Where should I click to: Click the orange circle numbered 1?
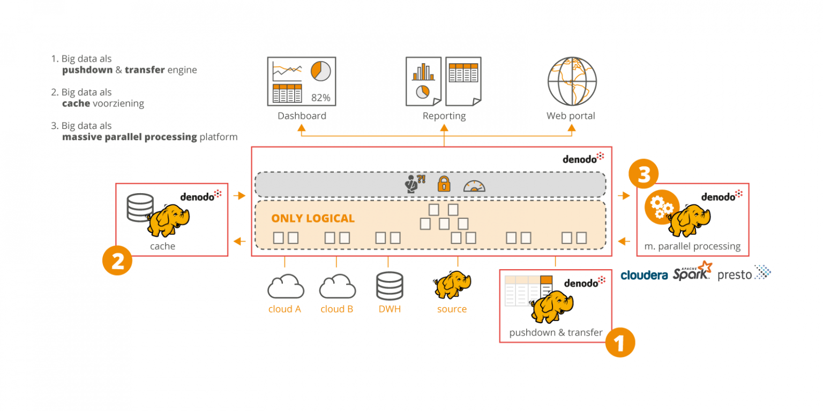[620, 342]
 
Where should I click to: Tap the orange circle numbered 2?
[117, 261]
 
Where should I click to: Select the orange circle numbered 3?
[644, 174]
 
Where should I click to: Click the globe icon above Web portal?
[571, 81]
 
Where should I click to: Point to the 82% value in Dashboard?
[320, 97]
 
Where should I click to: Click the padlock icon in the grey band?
[444, 184]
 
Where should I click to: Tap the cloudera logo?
[644, 275]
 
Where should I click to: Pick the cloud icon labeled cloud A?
[286, 287]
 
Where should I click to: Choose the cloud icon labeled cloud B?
[337, 287]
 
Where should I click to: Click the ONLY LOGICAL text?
[313, 218]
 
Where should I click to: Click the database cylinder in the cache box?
[140, 207]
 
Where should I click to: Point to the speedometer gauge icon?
[474, 185]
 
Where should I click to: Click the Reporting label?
[444, 116]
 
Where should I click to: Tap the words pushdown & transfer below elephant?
[556, 332]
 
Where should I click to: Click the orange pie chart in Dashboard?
[320, 71]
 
